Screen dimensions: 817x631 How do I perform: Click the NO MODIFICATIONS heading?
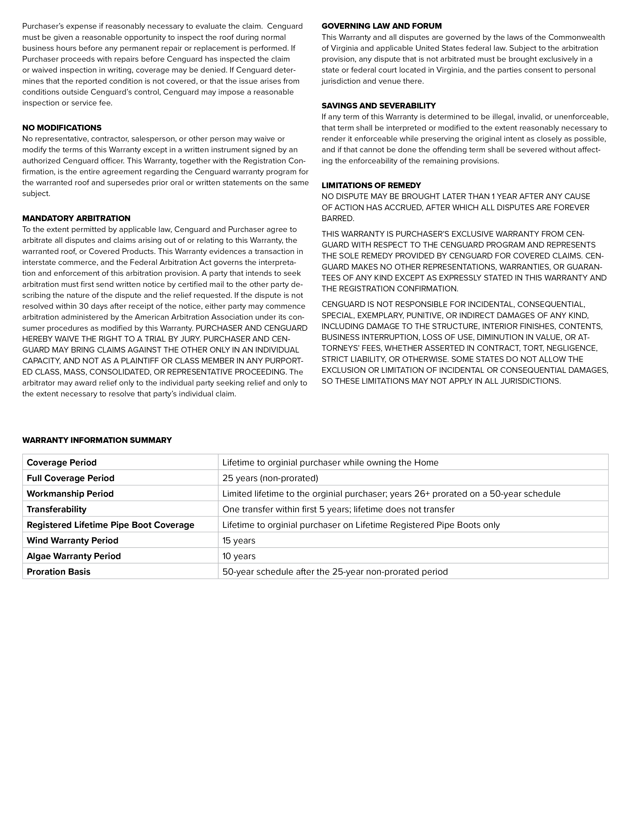[62, 128]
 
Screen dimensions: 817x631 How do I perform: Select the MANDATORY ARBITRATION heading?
[76, 218]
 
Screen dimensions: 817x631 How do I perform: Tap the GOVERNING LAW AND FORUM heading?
[381, 26]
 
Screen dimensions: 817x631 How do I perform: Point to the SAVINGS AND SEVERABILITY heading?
[379, 106]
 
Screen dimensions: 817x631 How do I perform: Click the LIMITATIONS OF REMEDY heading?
[371, 185]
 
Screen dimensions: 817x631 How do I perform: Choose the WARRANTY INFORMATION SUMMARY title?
[97, 440]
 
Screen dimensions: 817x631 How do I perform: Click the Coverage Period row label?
[62, 463]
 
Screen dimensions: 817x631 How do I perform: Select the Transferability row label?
[56, 510]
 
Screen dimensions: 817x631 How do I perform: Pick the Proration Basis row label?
[59, 572]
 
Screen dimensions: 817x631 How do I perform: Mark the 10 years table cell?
[239, 556]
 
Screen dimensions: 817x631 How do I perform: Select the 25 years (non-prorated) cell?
[270, 479]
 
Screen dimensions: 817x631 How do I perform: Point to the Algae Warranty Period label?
[74, 556]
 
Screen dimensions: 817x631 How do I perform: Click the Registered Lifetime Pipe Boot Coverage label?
[110, 525]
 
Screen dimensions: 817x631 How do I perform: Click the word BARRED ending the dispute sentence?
[337, 218]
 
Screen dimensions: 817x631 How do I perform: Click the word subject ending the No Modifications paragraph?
[36, 194]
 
